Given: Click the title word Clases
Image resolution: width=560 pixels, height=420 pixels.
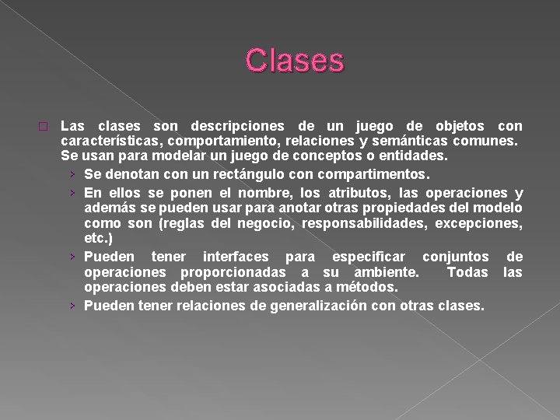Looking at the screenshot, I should pos(294,61).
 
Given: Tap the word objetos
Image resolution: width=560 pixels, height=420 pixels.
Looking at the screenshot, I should pos(458,126).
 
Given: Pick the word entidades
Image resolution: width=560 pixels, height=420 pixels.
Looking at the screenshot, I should pos(415,156).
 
